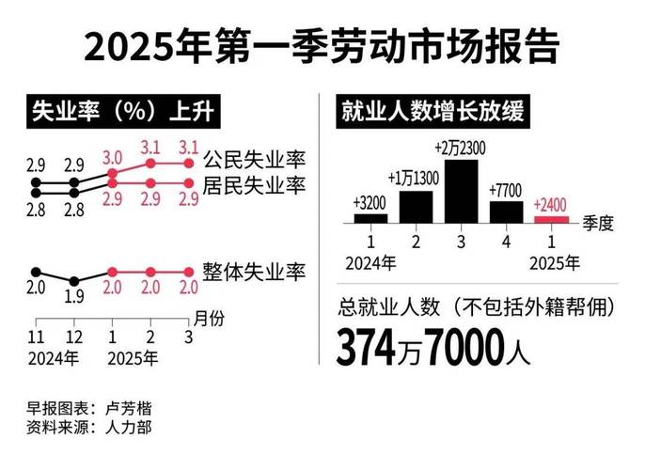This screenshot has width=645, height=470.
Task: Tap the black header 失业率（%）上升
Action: [118, 112]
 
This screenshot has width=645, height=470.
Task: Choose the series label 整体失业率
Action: [255, 273]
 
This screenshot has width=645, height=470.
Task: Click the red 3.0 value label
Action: [113, 156]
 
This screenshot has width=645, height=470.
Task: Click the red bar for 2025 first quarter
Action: [550, 219]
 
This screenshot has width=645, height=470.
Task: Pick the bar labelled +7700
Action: [506, 211]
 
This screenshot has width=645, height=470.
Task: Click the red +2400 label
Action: [550, 204]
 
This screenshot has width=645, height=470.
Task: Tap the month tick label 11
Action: [36, 337]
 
